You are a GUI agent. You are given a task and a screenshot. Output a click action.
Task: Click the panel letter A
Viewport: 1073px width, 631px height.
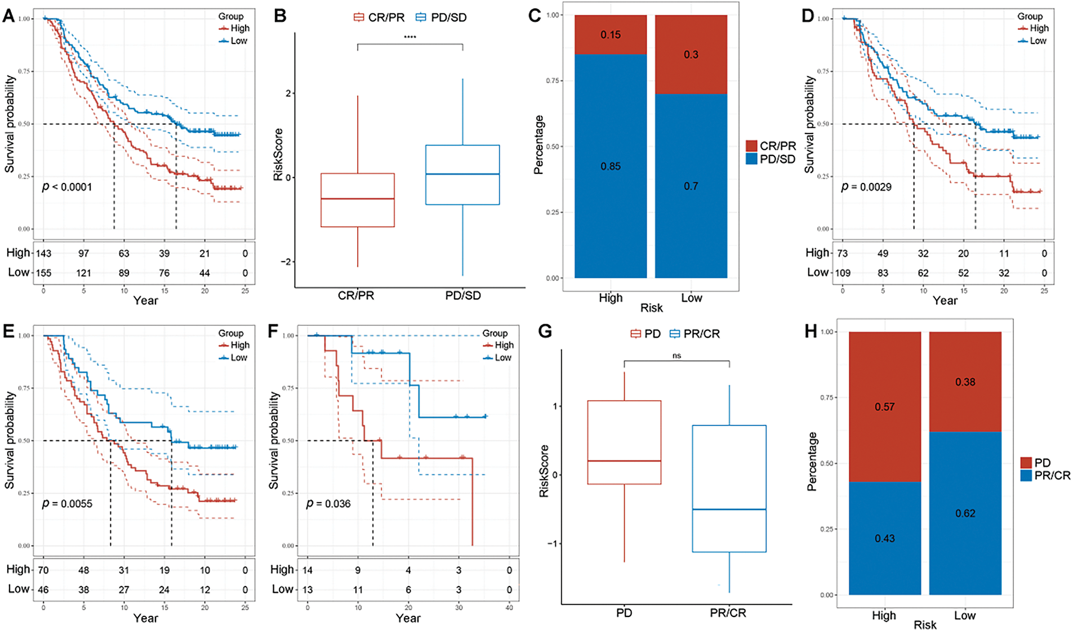(x=8, y=15)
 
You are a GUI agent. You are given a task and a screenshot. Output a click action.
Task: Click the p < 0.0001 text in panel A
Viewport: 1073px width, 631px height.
(x=67, y=187)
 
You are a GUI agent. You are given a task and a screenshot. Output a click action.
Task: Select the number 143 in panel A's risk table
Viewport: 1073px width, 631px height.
(x=43, y=253)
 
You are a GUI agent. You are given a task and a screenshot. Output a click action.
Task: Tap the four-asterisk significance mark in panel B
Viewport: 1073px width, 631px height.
(x=410, y=37)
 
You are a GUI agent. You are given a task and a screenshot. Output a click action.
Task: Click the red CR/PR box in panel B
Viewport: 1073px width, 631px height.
(x=358, y=200)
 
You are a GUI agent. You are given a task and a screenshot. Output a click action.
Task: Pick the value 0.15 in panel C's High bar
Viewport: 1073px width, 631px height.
(x=611, y=35)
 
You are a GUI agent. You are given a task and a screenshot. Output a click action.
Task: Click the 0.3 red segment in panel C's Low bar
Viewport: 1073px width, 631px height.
(x=691, y=55)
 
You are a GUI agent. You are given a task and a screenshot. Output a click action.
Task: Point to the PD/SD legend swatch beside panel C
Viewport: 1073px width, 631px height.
(x=751, y=159)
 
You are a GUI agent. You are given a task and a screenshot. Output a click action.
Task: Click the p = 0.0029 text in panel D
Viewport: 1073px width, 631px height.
(x=866, y=187)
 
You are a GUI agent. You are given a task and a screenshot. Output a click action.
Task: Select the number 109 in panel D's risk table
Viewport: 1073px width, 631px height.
(x=842, y=273)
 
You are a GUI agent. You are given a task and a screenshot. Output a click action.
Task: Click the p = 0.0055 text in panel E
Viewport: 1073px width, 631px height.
(x=67, y=504)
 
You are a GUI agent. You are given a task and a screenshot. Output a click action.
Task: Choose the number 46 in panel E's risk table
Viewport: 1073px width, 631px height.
(x=43, y=589)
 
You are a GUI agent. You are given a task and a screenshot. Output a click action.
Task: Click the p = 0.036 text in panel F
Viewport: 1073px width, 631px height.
(x=328, y=504)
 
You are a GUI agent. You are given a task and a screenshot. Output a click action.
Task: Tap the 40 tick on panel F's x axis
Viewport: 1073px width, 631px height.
(x=509, y=607)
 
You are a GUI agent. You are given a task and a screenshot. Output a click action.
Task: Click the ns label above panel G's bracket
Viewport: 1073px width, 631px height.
(x=677, y=356)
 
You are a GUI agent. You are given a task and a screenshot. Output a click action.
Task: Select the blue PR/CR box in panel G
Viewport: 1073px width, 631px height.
(x=729, y=489)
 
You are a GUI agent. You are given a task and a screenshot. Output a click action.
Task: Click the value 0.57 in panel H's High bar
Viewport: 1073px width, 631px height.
(x=885, y=407)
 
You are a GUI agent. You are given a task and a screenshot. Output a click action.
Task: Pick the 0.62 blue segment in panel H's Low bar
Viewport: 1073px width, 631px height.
(x=965, y=513)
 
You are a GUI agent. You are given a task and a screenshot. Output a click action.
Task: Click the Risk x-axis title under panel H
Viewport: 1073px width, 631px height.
(x=925, y=625)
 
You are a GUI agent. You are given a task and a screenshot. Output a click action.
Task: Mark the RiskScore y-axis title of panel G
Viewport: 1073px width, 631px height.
(x=544, y=471)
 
